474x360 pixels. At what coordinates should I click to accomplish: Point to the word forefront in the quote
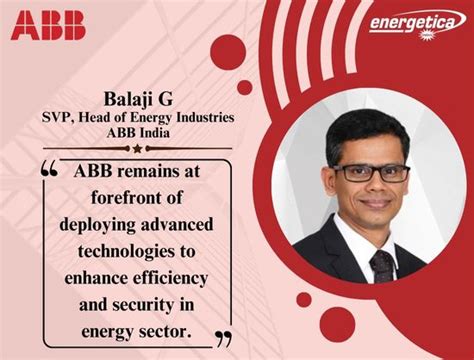pos(138,194)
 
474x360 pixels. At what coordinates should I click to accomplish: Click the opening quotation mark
pos(49,170)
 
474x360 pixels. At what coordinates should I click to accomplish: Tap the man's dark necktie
pos(381,265)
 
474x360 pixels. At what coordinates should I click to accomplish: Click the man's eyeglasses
pos(371,171)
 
